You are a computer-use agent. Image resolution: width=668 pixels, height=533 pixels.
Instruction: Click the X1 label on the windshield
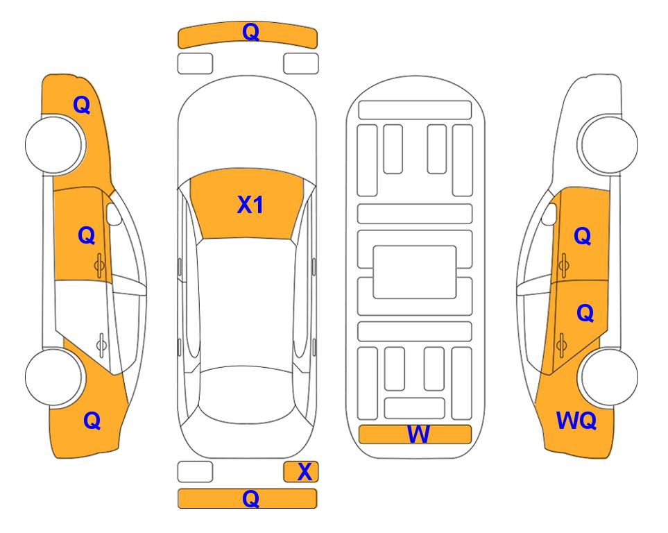click(x=250, y=205)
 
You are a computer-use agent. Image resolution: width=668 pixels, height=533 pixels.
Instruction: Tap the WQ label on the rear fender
click(x=576, y=421)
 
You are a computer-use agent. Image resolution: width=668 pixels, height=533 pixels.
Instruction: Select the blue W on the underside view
click(x=418, y=434)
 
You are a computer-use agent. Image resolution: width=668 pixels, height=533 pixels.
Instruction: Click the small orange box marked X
click(x=301, y=472)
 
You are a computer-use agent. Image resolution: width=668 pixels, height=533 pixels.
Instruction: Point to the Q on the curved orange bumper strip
click(x=250, y=31)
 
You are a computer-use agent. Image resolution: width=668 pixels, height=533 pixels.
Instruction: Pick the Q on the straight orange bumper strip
click(x=250, y=498)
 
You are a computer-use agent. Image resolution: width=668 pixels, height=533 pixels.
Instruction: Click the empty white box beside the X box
click(x=195, y=472)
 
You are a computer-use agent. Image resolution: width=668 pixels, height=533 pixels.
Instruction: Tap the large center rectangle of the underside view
click(x=415, y=272)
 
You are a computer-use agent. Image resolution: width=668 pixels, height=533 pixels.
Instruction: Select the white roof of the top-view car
click(x=246, y=303)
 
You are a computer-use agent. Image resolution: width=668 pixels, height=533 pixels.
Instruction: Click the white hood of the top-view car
click(x=247, y=128)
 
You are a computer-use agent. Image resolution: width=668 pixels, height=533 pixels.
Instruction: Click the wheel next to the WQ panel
click(x=608, y=377)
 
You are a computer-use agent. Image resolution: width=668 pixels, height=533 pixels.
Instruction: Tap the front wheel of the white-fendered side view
click(x=608, y=144)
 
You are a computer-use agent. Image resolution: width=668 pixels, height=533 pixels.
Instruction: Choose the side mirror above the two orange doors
click(x=549, y=214)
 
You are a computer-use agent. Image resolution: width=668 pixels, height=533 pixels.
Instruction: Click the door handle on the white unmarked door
click(x=101, y=345)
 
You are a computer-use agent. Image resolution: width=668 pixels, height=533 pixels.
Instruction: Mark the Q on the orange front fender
click(x=82, y=105)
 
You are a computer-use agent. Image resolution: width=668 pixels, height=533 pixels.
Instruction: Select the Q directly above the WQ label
click(x=585, y=313)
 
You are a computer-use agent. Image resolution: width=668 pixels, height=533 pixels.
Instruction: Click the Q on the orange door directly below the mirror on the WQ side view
click(x=583, y=236)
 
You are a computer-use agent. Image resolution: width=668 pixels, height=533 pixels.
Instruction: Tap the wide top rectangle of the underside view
click(x=415, y=110)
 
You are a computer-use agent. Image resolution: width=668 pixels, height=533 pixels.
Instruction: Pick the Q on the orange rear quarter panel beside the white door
click(x=92, y=421)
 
